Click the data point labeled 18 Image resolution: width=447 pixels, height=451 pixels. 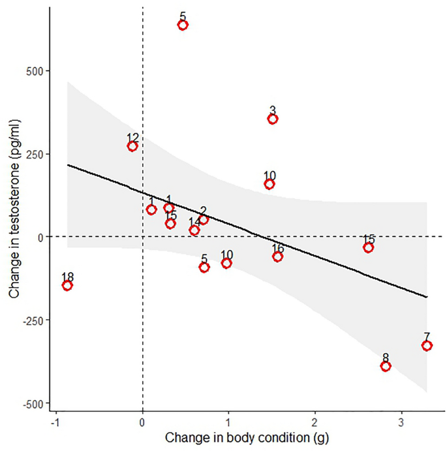(x=67, y=285)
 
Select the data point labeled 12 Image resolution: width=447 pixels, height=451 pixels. (x=132, y=146)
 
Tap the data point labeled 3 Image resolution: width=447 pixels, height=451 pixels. (x=273, y=119)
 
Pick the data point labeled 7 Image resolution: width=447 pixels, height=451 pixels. (x=427, y=345)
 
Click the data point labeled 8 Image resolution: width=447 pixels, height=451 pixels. (x=386, y=366)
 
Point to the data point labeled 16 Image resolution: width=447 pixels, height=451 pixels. (x=278, y=257)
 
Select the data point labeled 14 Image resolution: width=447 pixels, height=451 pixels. (x=194, y=230)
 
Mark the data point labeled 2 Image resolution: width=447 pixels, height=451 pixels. (x=204, y=219)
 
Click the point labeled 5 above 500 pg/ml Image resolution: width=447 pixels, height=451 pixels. (x=183, y=25)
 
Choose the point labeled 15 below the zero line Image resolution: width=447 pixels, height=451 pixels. (x=369, y=247)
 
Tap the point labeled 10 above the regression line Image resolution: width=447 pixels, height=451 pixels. (x=270, y=184)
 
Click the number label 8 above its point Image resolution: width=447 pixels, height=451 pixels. (x=386, y=358)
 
